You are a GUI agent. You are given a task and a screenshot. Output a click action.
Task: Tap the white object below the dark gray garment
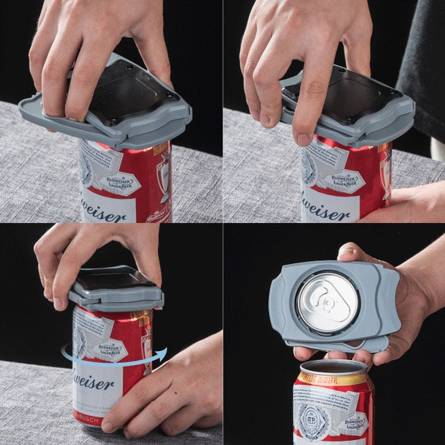click(x=438, y=149)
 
